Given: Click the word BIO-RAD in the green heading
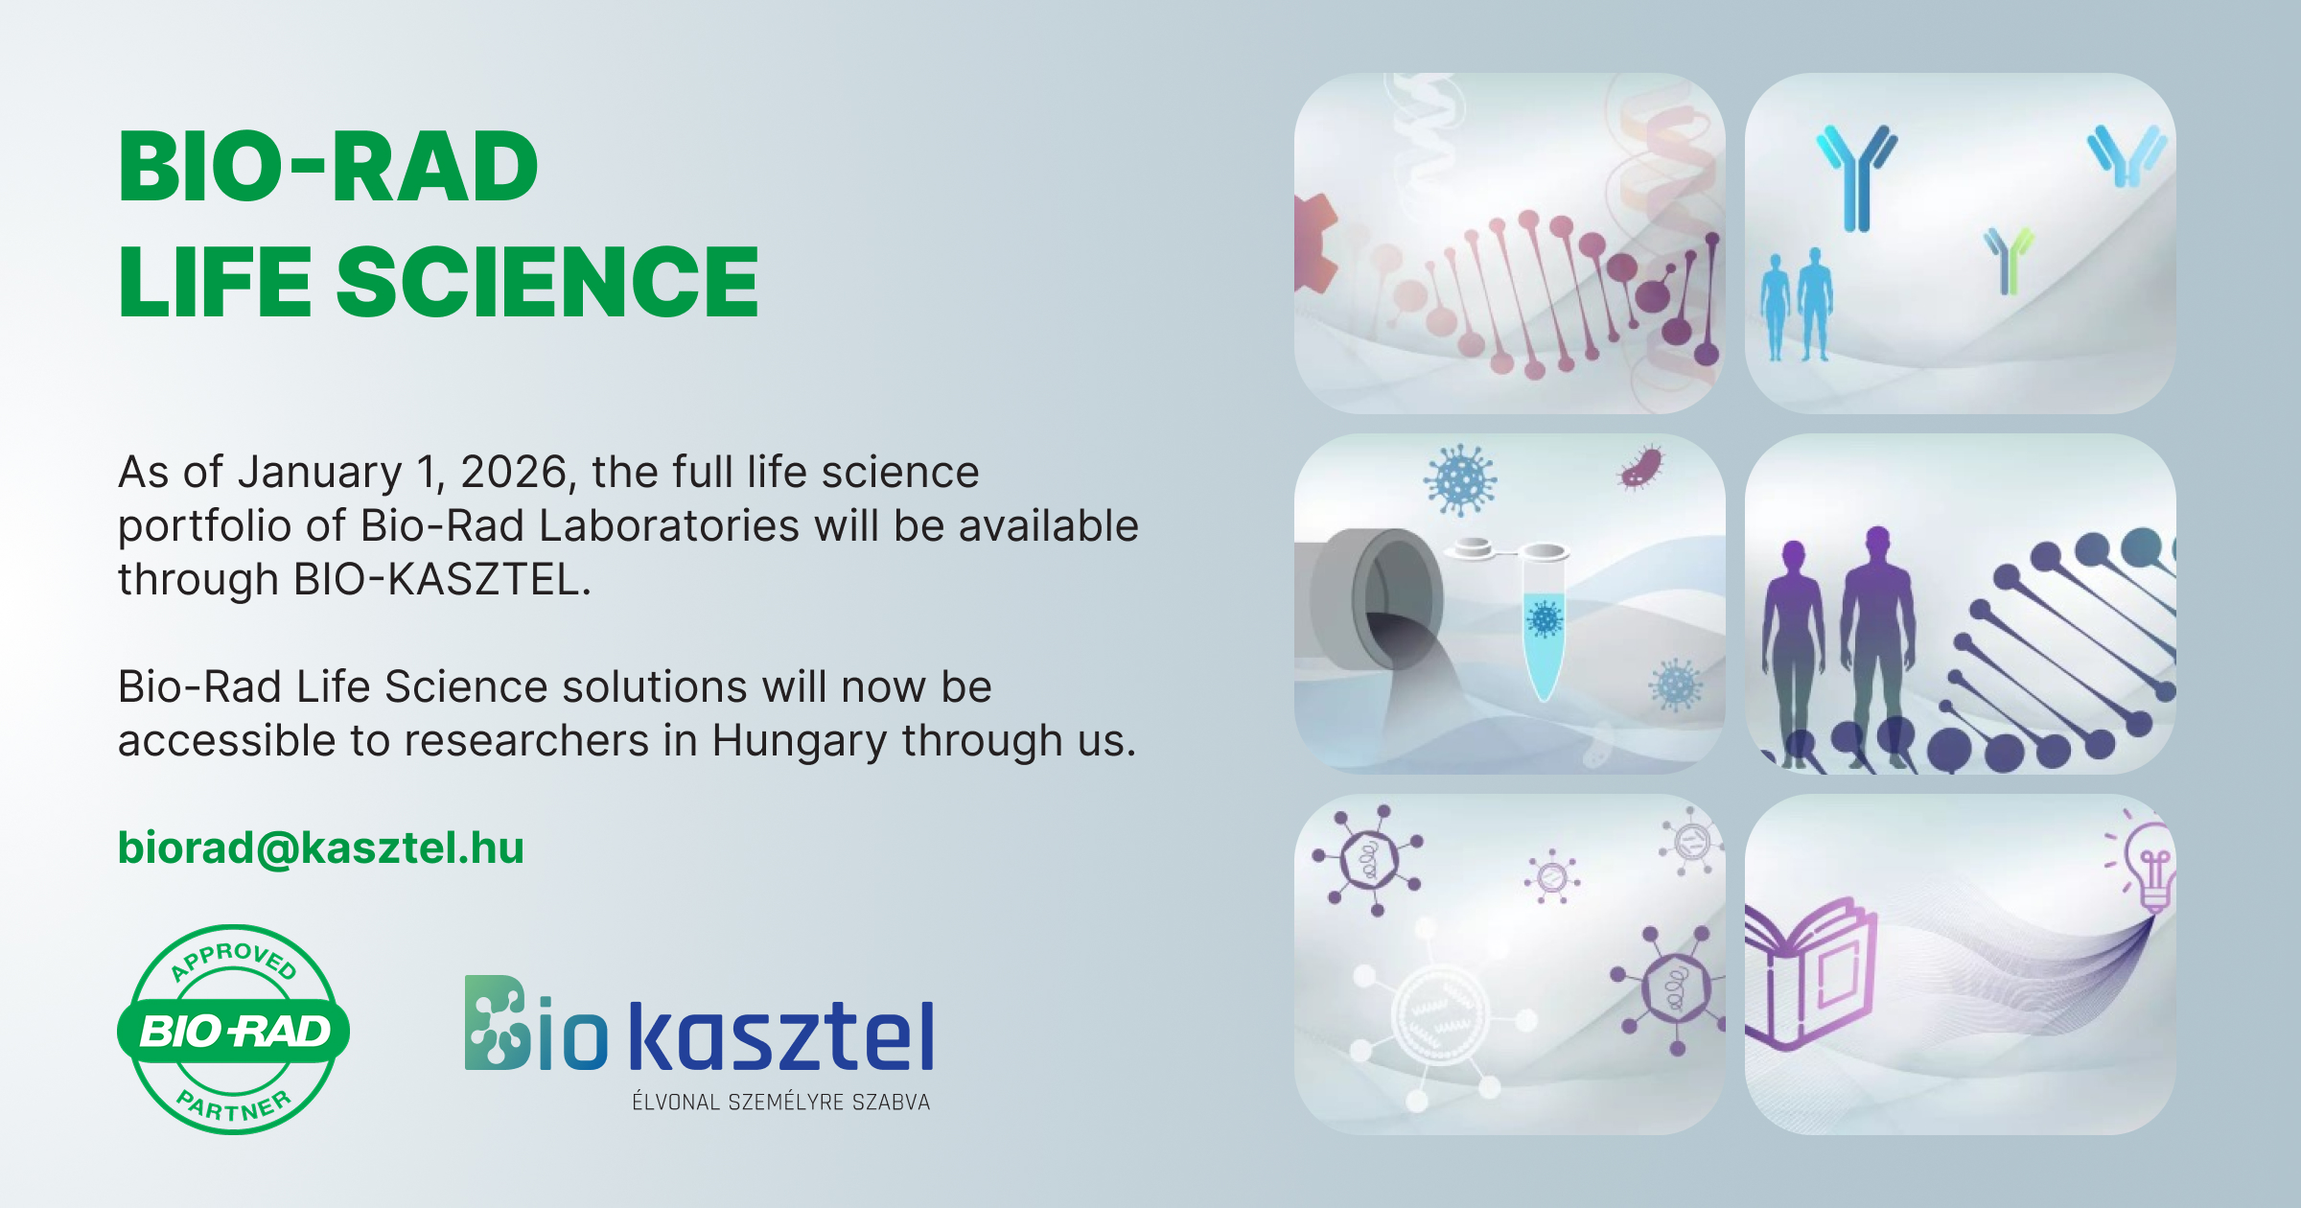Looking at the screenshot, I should (328, 168).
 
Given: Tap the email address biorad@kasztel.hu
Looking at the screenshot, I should (320, 848).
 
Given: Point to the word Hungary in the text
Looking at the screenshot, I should (799, 741).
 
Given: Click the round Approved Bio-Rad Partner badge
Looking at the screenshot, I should (233, 1030).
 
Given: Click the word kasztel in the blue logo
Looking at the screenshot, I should (781, 1037).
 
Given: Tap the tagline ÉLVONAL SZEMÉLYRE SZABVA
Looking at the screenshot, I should (780, 1103).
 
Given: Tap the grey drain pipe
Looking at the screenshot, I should (1371, 599).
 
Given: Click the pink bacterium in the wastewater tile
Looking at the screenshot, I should (1641, 468).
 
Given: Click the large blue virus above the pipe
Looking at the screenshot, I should (1459, 479).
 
